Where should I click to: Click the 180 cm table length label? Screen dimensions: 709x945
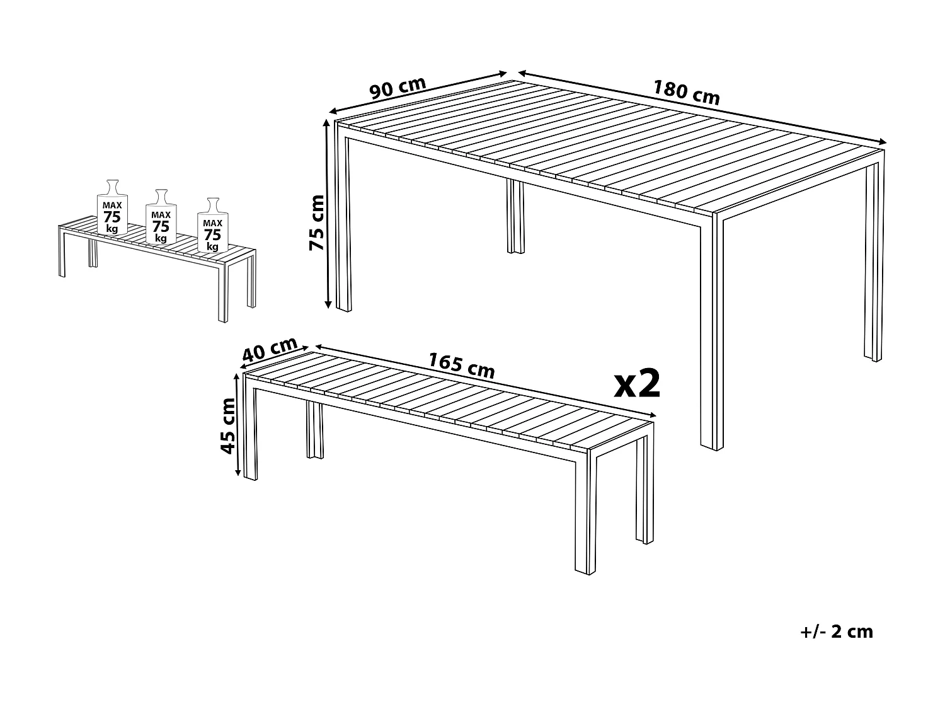(x=686, y=93)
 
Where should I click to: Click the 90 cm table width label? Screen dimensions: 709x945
(x=398, y=88)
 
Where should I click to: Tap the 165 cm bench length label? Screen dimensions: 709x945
(x=462, y=365)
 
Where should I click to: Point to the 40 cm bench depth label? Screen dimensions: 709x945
(x=270, y=350)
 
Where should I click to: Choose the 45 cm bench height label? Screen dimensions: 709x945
(x=227, y=425)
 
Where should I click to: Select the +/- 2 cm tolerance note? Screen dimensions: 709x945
(x=837, y=631)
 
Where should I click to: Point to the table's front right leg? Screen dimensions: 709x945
(x=711, y=334)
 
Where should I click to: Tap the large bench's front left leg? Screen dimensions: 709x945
(x=251, y=435)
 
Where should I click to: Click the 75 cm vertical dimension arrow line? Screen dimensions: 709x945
(x=327, y=214)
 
